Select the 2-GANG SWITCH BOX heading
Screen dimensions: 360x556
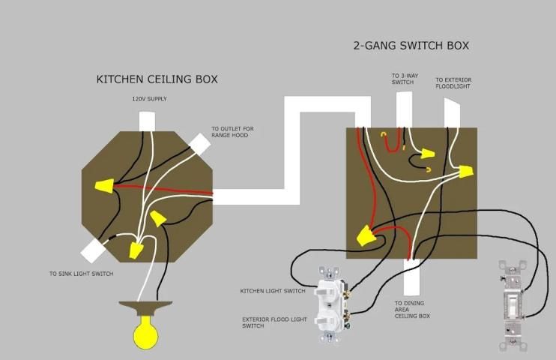[411, 45]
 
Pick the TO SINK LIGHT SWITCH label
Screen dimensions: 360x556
[82, 274]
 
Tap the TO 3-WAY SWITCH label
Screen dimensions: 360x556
[402, 78]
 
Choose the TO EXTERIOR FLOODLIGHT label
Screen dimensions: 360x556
[453, 82]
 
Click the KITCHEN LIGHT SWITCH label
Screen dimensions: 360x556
[273, 291]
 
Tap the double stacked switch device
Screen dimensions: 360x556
[329, 307]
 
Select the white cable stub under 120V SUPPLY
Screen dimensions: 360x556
[148, 121]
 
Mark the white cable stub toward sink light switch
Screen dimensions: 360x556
[94, 249]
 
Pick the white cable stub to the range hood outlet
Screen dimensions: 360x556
[199, 144]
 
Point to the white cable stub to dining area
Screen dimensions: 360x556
[410, 277]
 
